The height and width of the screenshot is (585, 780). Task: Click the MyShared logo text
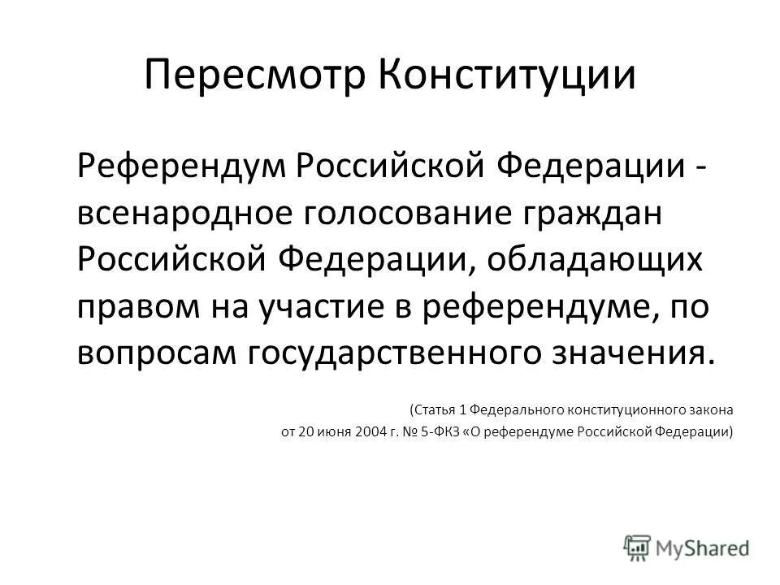[x=704, y=548]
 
